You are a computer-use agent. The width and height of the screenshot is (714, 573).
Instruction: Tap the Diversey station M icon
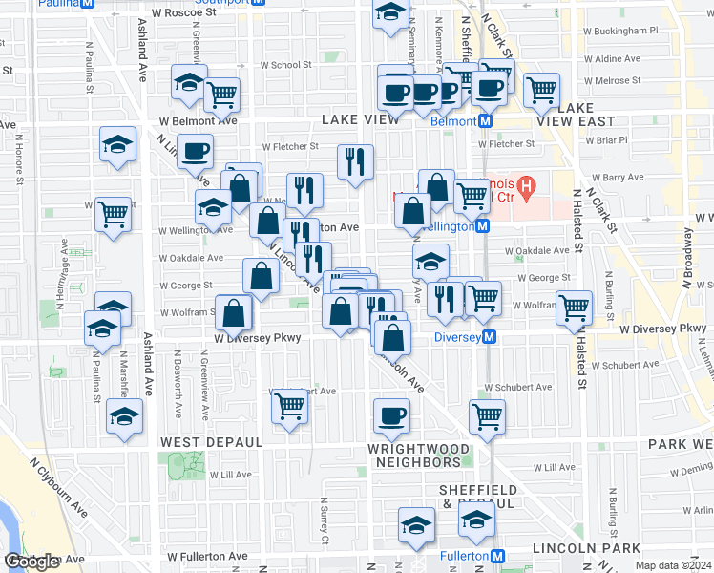pos(490,337)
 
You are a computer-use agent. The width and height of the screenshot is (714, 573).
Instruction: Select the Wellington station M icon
pos(483,226)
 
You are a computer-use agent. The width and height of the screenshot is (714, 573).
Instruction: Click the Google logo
pos(31,562)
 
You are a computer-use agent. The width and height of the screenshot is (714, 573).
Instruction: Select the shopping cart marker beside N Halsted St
pos(574,308)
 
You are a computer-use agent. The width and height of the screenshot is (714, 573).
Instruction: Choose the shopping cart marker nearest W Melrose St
pos(541,91)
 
